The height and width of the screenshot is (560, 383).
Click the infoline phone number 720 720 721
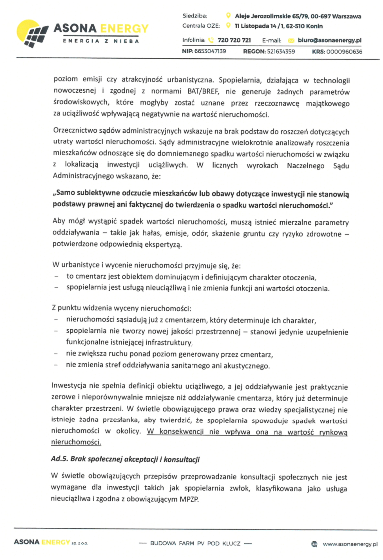(x=234, y=39)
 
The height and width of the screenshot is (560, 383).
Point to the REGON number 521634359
(x=280, y=51)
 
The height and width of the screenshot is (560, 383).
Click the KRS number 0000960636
(x=345, y=51)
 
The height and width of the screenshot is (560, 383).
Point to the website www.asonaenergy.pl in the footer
(x=350, y=544)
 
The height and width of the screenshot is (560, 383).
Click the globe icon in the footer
(x=314, y=544)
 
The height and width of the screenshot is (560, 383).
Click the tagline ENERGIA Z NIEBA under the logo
(x=100, y=41)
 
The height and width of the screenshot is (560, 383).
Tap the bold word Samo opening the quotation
(x=67, y=193)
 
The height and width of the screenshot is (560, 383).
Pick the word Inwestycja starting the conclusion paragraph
(x=71, y=386)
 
